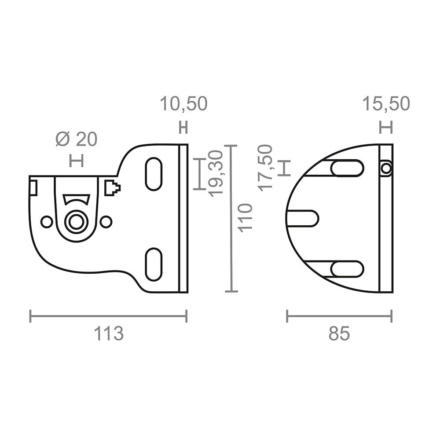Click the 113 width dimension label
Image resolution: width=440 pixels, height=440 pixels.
coord(109,334)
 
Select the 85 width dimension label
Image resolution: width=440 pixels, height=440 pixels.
coord(339,334)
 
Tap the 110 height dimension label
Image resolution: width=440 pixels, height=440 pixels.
coord(245,218)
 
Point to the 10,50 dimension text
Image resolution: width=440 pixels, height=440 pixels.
coord(183,103)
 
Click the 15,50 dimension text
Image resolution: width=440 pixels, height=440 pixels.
coord(386,103)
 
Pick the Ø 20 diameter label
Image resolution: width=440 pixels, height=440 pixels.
coord(76,139)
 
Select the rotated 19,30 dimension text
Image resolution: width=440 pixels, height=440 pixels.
coord(216,173)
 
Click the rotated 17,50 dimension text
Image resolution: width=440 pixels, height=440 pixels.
coord(265,168)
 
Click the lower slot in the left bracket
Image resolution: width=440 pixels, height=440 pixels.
coord(154,264)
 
